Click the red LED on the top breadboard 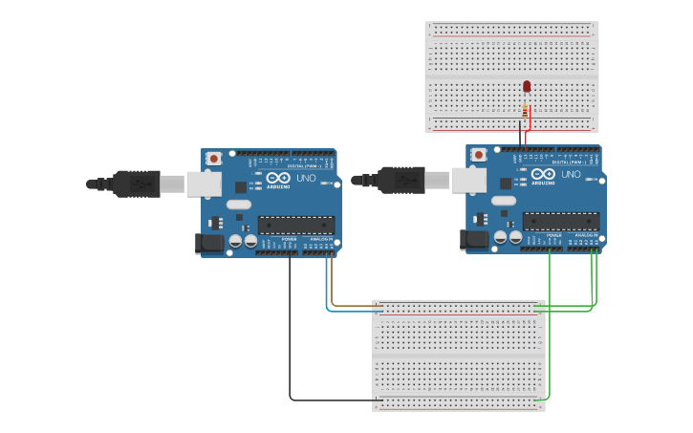coord(527,87)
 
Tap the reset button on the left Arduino coord(214,158)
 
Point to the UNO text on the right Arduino coord(571,175)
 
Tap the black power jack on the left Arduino coord(209,244)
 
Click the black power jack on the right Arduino coord(474,240)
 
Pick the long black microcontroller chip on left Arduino coord(295,226)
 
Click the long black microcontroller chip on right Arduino coord(560,222)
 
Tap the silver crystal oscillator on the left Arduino coord(239,204)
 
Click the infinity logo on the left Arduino coord(278,178)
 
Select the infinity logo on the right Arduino coord(543,174)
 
